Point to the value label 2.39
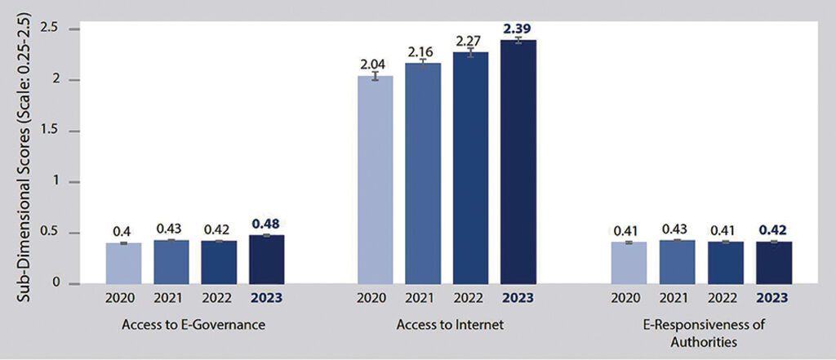(x=518, y=29)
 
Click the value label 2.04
(x=375, y=63)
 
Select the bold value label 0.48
(x=266, y=223)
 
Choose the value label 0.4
(x=123, y=231)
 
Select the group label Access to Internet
(x=447, y=325)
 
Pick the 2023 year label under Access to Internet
(x=518, y=298)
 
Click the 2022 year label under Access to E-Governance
(x=218, y=298)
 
